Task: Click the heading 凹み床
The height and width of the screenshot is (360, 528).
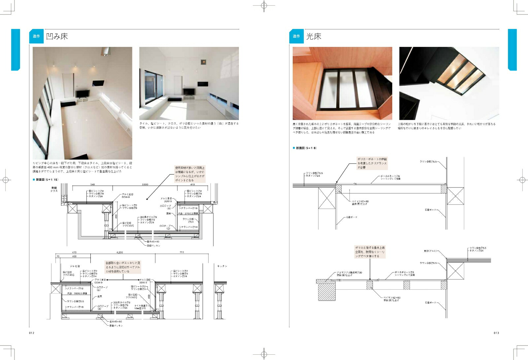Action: click(57, 36)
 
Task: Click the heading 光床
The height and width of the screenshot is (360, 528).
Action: click(313, 36)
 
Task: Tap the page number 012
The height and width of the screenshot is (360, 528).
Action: click(32, 333)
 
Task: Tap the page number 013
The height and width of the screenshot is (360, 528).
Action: click(496, 333)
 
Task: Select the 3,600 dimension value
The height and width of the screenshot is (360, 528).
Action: click(145, 184)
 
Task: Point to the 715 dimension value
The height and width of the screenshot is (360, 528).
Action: click(182, 252)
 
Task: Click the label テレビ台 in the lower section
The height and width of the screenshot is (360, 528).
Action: click(75, 266)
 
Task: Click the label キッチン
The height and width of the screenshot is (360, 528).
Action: click(222, 266)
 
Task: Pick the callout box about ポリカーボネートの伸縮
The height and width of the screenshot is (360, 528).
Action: click(372, 163)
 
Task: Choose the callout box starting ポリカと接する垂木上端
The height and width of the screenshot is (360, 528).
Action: click(370, 252)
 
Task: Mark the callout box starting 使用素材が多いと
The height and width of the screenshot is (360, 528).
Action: click(190, 174)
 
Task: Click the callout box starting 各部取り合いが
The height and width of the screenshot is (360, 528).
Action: click(123, 267)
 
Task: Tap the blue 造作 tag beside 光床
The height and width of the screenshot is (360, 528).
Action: click(296, 36)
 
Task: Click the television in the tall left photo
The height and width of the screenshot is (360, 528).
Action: click(82, 93)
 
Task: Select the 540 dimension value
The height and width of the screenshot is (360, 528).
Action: click(92, 184)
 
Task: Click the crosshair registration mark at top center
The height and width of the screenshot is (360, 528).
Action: click(264, 6)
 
